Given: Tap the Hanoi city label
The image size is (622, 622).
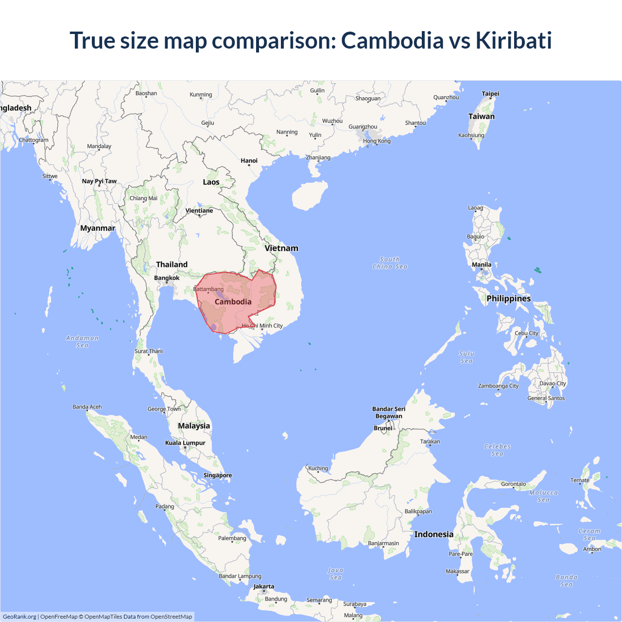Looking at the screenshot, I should click(x=249, y=161).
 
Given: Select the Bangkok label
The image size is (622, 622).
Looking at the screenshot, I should click(x=167, y=278).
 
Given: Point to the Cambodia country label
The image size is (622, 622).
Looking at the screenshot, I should click(x=233, y=302).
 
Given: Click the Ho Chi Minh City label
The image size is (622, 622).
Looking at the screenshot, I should click(x=262, y=326).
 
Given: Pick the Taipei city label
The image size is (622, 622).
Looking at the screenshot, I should click(x=490, y=94).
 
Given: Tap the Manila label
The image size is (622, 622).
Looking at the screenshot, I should click(x=482, y=265).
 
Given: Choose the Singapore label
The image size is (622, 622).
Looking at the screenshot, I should click(x=218, y=475).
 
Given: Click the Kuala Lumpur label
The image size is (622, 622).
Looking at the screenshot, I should click(x=185, y=443).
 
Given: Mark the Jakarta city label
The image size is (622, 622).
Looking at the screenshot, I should click(x=264, y=587).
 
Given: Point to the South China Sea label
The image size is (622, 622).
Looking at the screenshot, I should click(x=390, y=263).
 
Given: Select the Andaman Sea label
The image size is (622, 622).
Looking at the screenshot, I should click(x=82, y=342).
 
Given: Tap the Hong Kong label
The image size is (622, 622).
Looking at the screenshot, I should click(x=377, y=141).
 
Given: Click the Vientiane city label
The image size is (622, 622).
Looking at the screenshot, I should click(x=199, y=211).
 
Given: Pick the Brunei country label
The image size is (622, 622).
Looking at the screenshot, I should click(x=383, y=428).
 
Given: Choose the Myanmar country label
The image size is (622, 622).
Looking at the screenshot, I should click(x=98, y=228).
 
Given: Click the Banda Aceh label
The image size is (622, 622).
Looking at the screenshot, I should click(x=87, y=407).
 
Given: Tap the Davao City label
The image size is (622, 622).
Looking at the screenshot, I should click(x=553, y=383).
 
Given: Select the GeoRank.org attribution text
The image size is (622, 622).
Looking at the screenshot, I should click(x=19, y=617).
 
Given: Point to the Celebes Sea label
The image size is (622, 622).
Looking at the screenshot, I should click(x=497, y=450).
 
